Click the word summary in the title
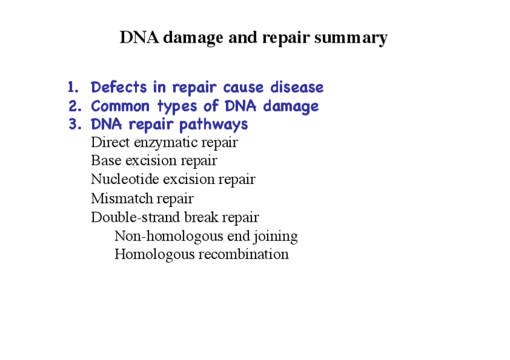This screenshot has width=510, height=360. [x=351, y=38]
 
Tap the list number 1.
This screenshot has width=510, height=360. [x=73, y=87]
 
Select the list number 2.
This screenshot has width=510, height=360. [x=75, y=106]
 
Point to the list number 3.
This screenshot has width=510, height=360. [x=75, y=124]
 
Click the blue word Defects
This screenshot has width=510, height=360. [x=118, y=87]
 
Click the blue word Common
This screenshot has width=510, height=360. [x=120, y=106]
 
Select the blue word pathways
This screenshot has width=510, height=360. [x=214, y=125]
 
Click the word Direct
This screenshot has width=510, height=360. [x=110, y=142]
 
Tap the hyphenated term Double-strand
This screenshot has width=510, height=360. [x=136, y=217]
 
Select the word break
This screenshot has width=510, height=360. [x=201, y=217]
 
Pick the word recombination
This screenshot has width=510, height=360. [x=244, y=254]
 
